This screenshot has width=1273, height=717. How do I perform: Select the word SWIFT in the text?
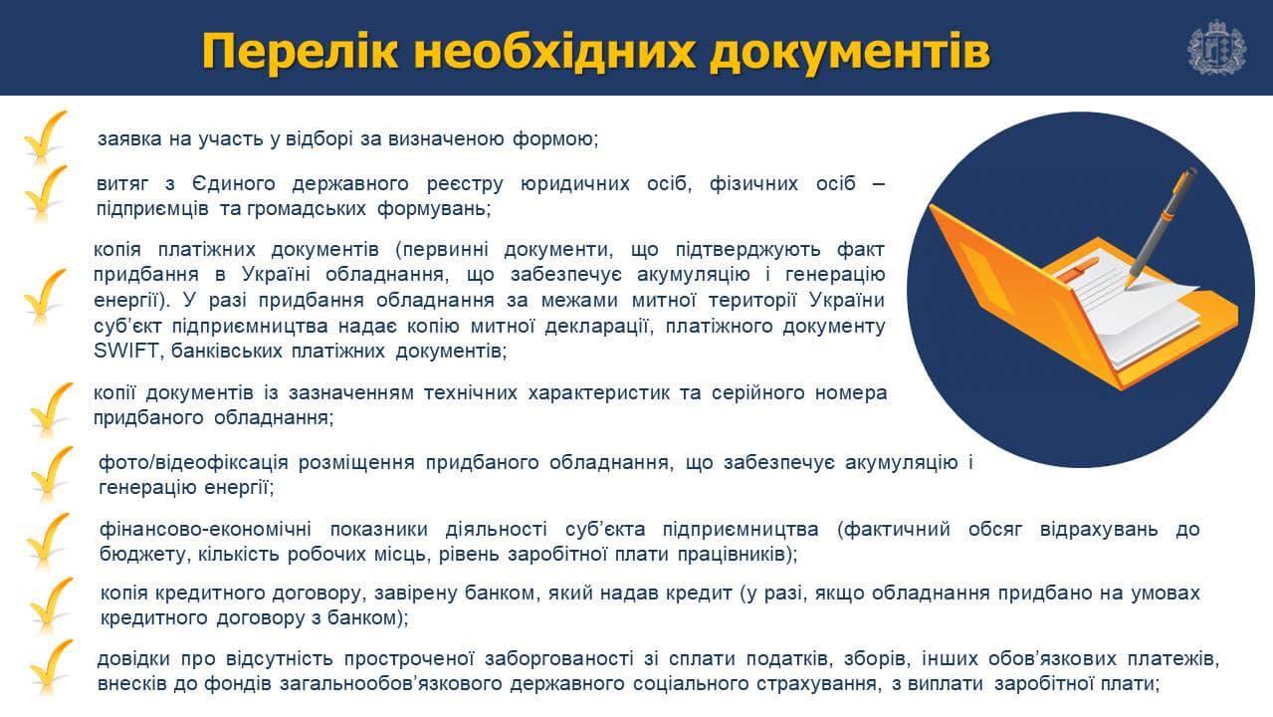pyautogui.click(x=125, y=351)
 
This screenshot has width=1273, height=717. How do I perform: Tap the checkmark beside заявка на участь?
pyautogui.click(x=45, y=136)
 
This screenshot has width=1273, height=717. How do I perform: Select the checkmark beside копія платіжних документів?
pyautogui.click(x=45, y=297)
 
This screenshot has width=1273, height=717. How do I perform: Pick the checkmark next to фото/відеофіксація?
pyautogui.click(x=51, y=473)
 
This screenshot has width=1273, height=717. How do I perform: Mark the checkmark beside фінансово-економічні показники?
pyautogui.click(x=48, y=540)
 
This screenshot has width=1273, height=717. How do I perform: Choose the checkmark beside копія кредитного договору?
pyautogui.click(x=51, y=603)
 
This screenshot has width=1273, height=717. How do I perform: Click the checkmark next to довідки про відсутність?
pyautogui.click(x=51, y=667)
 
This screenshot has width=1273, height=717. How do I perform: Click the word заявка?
pyautogui.click(x=129, y=139)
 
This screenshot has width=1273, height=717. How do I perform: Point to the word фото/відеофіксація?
pyautogui.click(x=194, y=462)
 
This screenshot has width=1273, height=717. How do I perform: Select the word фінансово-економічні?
pyautogui.click(x=206, y=530)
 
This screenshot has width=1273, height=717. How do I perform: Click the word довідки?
pyautogui.click(x=133, y=658)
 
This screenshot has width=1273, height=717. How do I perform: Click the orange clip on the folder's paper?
pyautogui.click(x=1076, y=269)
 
